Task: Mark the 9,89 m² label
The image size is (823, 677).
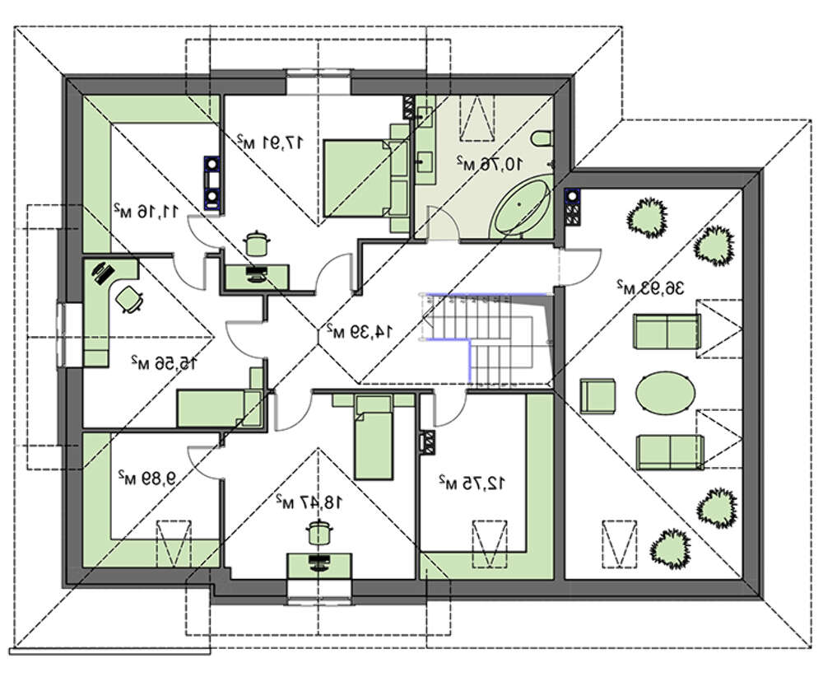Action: tap(146, 476)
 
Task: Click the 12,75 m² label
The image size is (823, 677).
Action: tap(470, 482)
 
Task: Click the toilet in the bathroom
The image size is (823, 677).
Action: tap(544, 140)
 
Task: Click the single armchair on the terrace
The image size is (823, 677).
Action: tap(597, 395)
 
